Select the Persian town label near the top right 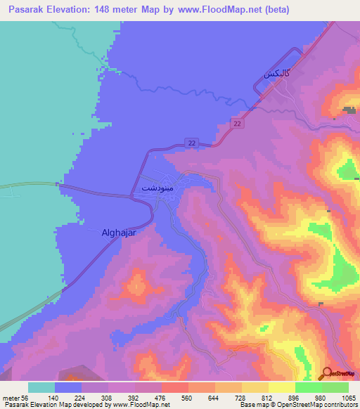pos(276,72)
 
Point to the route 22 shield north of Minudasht pos(192,143)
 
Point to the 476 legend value pos(160,398)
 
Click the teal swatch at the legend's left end pos(41,387)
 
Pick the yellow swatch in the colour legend pos(282,387)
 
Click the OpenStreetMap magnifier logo pos(327,374)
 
